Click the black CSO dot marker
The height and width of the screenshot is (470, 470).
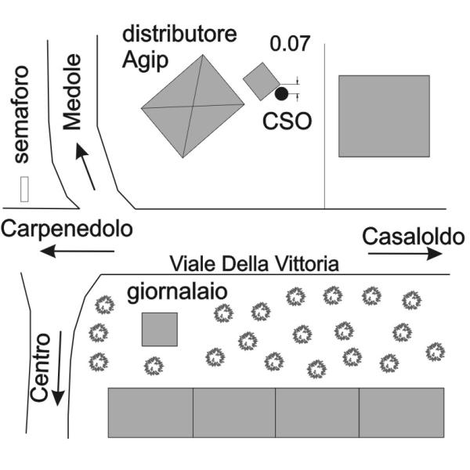click(x=281, y=93)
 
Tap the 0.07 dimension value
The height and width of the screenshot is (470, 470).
click(x=289, y=43)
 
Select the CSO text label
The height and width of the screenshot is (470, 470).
click(x=287, y=121)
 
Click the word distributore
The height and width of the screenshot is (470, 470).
click(x=179, y=34)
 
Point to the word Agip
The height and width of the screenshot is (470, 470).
click(x=145, y=61)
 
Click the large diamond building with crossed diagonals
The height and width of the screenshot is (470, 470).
click(x=193, y=106)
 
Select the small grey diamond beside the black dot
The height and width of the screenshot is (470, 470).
click(x=262, y=81)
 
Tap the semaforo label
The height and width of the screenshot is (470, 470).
click(x=22, y=114)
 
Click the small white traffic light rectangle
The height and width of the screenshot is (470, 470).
click(x=24, y=189)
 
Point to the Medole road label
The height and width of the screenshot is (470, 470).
click(x=72, y=92)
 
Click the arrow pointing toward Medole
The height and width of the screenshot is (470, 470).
click(x=85, y=167)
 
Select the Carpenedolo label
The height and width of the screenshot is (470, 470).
click(x=67, y=229)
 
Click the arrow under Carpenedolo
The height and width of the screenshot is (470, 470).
click(x=77, y=251)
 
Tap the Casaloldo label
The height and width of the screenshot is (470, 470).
click(x=413, y=237)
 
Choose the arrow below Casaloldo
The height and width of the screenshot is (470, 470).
click(x=405, y=254)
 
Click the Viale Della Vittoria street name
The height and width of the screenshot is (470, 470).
click(x=254, y=264)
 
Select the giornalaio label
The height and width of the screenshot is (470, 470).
click(x=177, y=292)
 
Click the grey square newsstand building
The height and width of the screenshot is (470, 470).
click(x=160, y=330)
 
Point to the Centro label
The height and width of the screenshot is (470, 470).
click(x=40, y=367)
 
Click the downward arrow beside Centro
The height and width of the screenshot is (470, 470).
click(x=59, y=368)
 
